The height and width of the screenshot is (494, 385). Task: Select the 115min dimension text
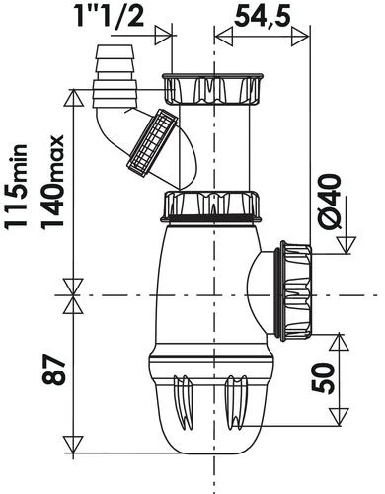pos(15,185)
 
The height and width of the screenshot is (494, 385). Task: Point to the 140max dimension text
pos(52,181)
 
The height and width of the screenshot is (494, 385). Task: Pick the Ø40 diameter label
pos(330,202)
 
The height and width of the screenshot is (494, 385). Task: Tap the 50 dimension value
pos(323,378)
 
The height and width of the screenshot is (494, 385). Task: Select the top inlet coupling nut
pos(212,89)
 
